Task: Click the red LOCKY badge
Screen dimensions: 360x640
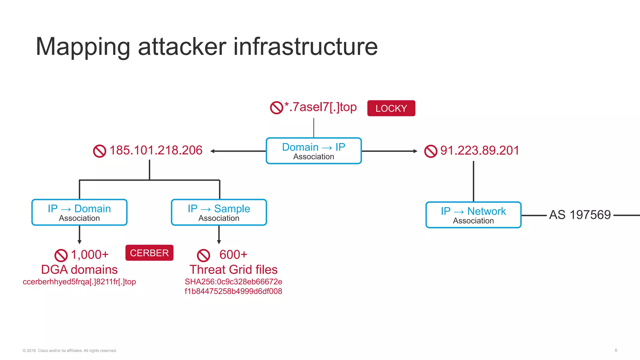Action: pos(391,108)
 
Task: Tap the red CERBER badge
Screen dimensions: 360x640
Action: pos(149,252)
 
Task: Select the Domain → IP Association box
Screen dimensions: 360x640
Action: pos(313,151)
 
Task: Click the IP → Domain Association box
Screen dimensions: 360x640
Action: pos(79,212)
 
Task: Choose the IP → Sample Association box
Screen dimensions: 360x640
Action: pos(219,212)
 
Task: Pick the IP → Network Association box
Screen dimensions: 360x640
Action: pos(473,215)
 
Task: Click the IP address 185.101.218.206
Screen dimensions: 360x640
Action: pos(156,150)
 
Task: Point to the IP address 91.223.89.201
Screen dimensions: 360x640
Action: pos(479,150)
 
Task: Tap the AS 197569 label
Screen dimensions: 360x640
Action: pos(580,215)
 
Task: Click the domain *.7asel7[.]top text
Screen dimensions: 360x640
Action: pos(320,107)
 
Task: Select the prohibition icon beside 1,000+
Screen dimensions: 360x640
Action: pos(61,255)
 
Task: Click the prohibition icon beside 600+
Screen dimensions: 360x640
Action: pos(203,255)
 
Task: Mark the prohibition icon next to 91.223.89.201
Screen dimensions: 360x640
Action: pos(431,151)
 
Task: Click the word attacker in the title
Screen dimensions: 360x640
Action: pos(182,47)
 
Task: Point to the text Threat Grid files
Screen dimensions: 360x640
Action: pos(233,269)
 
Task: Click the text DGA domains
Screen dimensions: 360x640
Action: pos(79,269)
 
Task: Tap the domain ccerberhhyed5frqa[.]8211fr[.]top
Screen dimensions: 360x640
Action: pos(79,282)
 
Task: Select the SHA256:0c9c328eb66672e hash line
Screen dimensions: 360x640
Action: pos(233,282)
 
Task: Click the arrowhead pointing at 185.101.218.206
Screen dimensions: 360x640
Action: pos(212,151)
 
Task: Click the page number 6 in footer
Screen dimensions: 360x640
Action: pos(616,350)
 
